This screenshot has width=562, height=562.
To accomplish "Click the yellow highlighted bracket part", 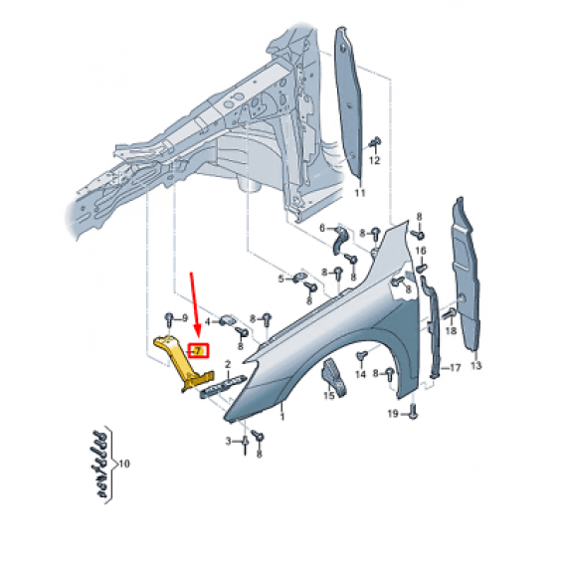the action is pos(179,362).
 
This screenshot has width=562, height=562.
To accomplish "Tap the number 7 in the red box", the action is pos(199,350).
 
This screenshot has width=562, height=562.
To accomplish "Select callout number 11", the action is pos(359,193).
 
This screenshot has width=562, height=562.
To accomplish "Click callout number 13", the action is pos(476,366).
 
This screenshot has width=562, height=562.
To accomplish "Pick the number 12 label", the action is pos(374,160).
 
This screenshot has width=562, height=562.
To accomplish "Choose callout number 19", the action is pos(393,414).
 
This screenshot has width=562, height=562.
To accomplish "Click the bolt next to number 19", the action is pos(413,411).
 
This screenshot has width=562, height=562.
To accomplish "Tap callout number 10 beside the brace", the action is pos(123,464).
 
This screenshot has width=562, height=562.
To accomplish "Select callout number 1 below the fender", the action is pos(282,417).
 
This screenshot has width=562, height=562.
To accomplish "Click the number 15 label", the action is pos(328,395).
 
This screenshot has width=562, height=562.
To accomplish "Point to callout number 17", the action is pos(455,368).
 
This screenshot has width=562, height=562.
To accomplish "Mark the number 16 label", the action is pos(421,251).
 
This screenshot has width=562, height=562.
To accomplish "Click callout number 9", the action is pos(185,318).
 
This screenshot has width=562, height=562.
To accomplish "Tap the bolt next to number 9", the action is pos(169,319).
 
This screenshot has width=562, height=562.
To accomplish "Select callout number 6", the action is pos(322,228).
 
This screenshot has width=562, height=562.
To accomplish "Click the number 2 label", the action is pos(228,364).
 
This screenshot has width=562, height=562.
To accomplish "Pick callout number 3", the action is pos(229,442).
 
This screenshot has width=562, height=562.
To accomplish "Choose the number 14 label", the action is pos(360,374).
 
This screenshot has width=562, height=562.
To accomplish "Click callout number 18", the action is pos(451,330).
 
